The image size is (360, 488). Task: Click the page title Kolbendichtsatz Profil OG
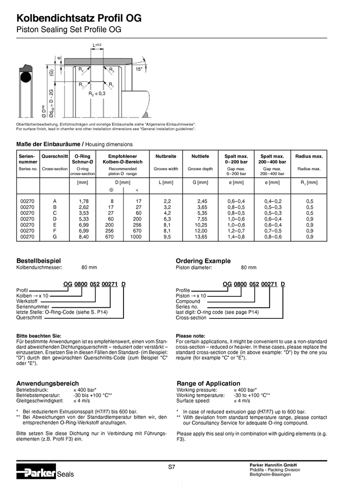click(79, 18)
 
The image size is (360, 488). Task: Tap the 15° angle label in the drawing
click(139, 69)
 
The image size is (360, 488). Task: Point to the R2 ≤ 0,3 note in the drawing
click(97, 94)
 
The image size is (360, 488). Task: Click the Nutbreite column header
click(166, 156)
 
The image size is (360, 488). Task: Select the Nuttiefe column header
click(200, 156)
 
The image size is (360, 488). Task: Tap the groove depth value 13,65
click(200, 237)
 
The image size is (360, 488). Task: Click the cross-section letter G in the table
click(54, 237)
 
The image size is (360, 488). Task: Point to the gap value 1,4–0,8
click(236, 237)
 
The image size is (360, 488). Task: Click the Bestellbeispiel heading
click(38, 261)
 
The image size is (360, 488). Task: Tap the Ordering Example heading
click(203, 261)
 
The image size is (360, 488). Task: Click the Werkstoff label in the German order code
click(27, 301)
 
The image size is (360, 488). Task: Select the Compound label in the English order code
click(188, 301)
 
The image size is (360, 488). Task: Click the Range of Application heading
click(208, 383)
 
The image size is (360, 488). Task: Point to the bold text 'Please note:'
click(190, 335)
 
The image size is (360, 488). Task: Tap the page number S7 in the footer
click(171, 467)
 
